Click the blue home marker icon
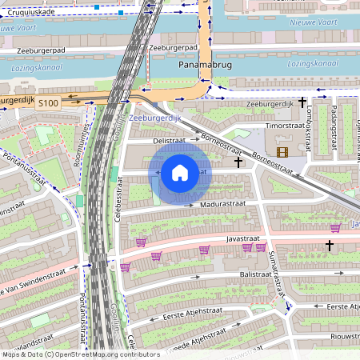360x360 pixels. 180,172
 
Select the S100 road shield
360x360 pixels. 48,102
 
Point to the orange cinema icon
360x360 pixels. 282,151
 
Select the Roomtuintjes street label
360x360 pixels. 80,143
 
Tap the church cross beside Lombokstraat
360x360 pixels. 302,102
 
